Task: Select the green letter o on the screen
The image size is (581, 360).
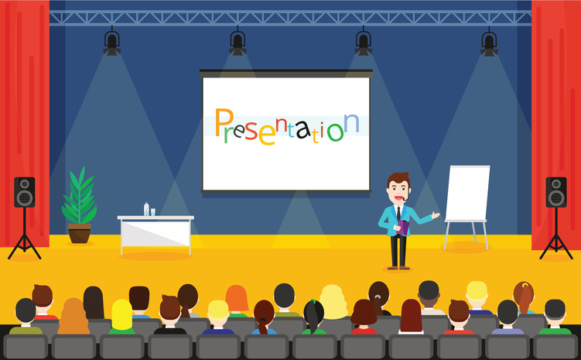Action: (x=335, y=132)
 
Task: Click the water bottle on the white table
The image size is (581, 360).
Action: (x=146, y=209)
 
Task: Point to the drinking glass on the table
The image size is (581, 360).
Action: (x=152, y=212)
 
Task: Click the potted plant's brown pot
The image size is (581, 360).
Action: (x=79, y=233)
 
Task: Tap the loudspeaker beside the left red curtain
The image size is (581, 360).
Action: (x=25, y=192)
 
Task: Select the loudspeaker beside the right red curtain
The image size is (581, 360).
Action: (x=556, y=192)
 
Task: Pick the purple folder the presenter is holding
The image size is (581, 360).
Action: (x=403, y=228)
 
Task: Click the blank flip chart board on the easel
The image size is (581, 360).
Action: (x=467, y=194)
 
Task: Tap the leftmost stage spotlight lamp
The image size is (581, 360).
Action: (x=112, y=43)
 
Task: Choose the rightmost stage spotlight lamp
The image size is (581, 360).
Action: (x=489, y=43)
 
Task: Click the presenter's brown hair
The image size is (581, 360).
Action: (x=398, y=179)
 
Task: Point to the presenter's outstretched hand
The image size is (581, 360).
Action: (x=436, y=214)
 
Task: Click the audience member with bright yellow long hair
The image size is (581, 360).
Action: (x=122, y=316)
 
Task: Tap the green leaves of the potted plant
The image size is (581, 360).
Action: (x=79, y=196)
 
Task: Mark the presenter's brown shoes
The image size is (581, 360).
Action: (x=398, y=267)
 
